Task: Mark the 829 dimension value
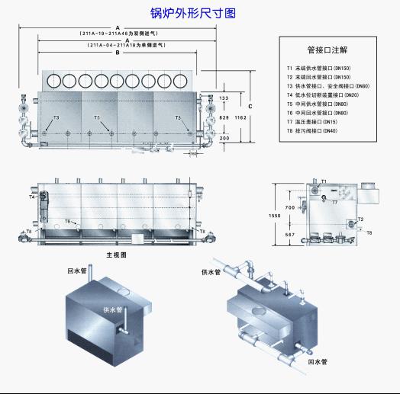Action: coord(223,119)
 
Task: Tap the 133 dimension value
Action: coord(223,99)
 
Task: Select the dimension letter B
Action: coord(117,53)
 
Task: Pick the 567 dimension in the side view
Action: coord(290,235)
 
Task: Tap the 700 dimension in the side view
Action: coord(290,207)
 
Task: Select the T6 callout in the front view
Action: coord(68,222)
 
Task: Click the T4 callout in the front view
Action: coord(32,197)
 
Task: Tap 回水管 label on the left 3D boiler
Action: coord(74,270)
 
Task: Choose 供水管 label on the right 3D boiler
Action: coord(211,272)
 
